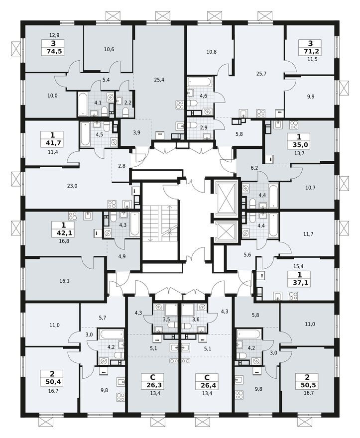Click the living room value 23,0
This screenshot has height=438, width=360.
(x=72, y=186)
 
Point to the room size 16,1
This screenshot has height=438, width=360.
(x=65, y=281)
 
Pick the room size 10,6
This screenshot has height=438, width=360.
(x=109, y=49)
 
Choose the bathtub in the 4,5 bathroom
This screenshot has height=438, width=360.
(x=85, y=134)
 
